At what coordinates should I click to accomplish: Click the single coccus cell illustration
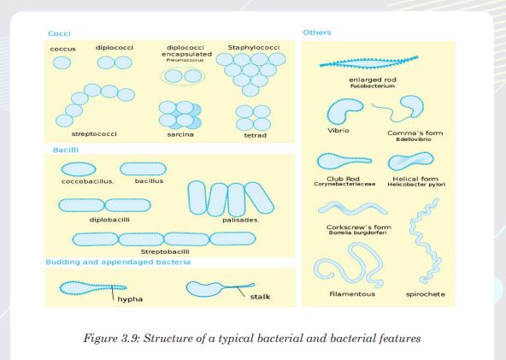[62, 62]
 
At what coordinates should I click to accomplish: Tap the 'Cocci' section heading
[59, 33]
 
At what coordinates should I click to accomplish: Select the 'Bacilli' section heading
[66, 150]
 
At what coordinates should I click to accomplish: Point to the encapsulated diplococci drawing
[183, 76]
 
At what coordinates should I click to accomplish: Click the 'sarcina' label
[180, 134]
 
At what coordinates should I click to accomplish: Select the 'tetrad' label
[256, 135]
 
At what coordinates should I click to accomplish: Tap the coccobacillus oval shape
[79, 169]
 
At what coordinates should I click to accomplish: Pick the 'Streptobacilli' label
[165, 251]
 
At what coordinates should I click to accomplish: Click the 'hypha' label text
[130, 299]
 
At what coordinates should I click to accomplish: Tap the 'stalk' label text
[260, 297]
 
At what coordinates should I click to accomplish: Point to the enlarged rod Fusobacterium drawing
[369, 62]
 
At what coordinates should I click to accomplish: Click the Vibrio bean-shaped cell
[343, 110]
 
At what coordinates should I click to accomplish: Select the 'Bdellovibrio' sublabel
[414, 139]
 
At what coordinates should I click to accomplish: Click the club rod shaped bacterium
[344, 161]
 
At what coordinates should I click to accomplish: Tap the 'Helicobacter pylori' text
[416, 185]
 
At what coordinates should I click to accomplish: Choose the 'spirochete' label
[426, 294]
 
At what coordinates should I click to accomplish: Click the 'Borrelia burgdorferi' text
[357, 233]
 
